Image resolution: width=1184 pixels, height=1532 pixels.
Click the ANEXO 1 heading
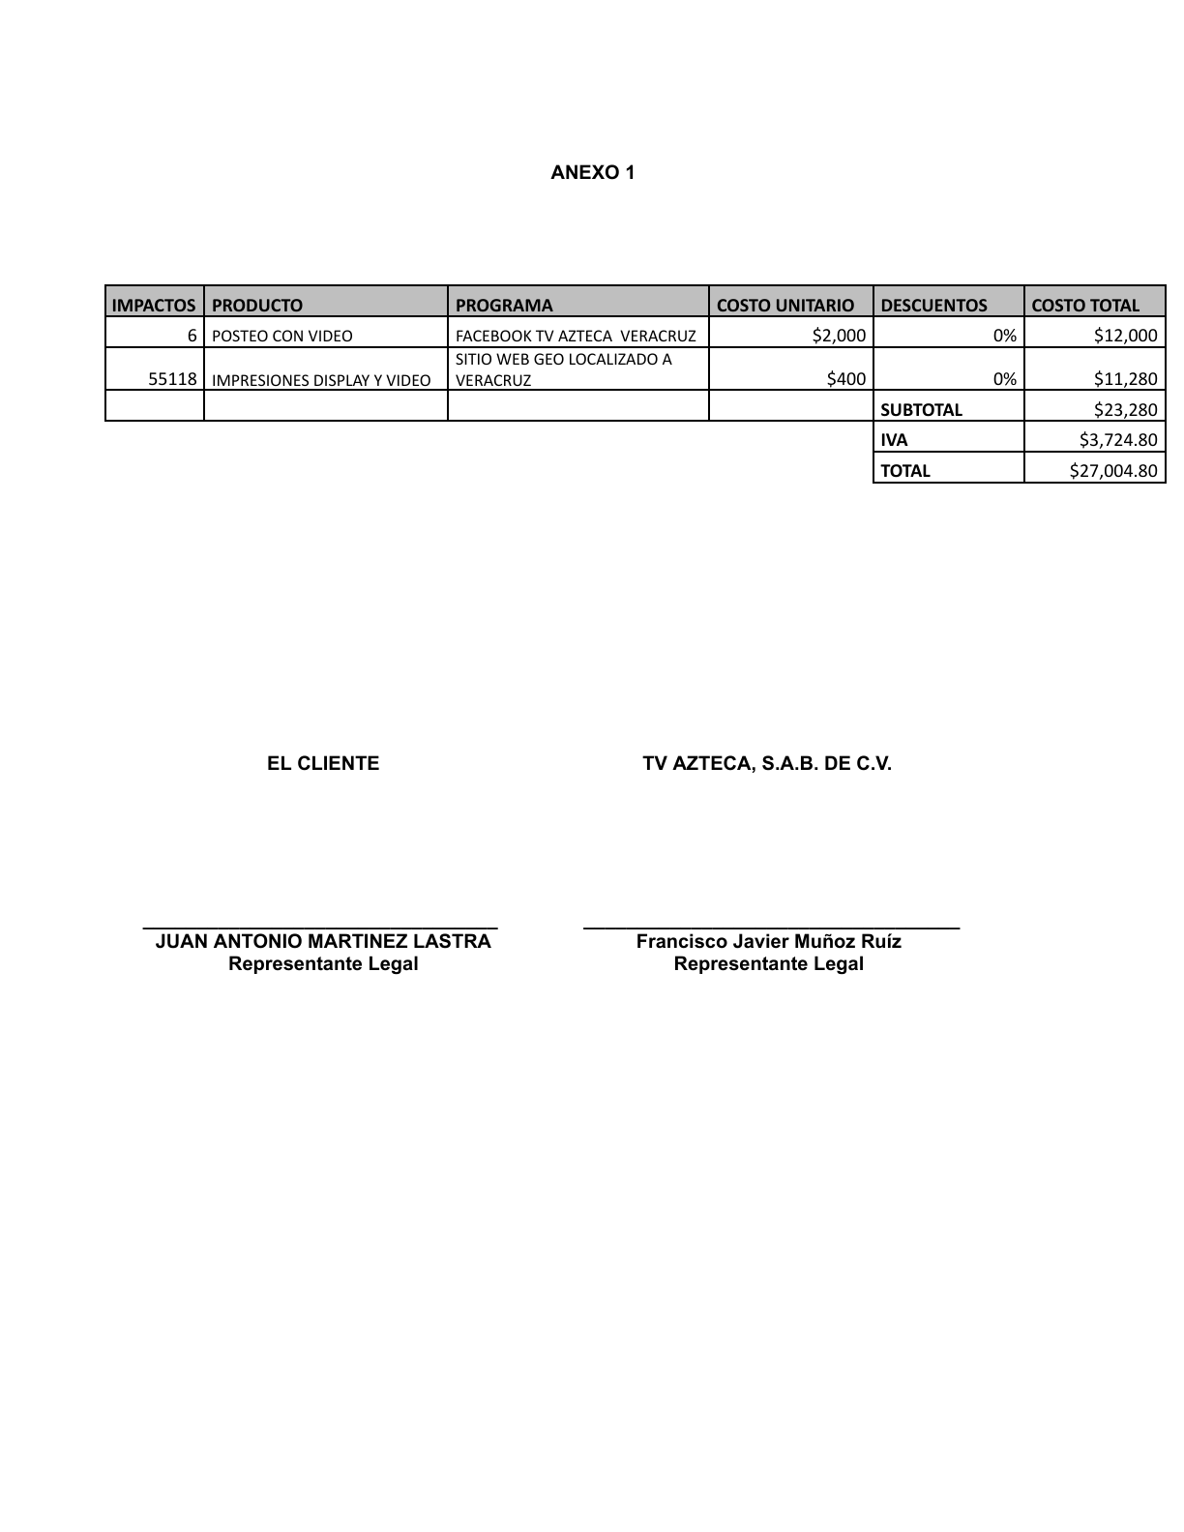pyautogui.click(x=592, y=173)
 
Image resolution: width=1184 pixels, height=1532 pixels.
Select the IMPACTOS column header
pyautogui.click(x=154, y=305)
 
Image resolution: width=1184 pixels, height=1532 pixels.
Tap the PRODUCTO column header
pyautogui.click(x=257, y=305)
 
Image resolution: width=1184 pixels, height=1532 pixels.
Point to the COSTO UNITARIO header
pyautogui.click(x=785, y=305)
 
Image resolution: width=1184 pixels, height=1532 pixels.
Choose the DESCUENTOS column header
pyautogui.click(x=933, y=305)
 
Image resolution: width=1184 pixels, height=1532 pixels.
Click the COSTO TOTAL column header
pyautogui.click(x=1085, y=305)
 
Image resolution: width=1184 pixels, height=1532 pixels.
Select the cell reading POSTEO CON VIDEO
pyautogui.click(x=282, y=336)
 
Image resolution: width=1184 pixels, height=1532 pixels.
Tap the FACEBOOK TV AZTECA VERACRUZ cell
pyautogui.click(x=576, y=336)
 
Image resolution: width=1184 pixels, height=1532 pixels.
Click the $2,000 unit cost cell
pyautogui.click(x=839, y=335)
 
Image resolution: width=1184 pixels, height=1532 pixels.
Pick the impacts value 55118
pyautogui.click(x=173, y=379)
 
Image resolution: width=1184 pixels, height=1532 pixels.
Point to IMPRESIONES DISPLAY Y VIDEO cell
pyautogui.click(x=321, y=380)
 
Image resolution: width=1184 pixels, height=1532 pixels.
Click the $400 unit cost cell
pyautogui.click(x=846, y=379)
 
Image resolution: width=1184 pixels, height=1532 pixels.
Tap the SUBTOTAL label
pyautogui.click(x=921, y=409)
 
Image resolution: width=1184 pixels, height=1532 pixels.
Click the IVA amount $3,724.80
pyautogui.click(x=1118, y=440)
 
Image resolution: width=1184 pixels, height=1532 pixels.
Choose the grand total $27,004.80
pyautogui.click(x=1113, y=471)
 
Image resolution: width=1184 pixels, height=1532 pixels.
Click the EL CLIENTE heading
pyautogui.click(x=323, y=764)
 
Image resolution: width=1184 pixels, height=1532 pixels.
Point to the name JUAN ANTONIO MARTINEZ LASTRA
pyautogui.click(x=323, y=941)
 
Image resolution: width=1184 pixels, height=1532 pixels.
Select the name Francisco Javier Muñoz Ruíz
pyautogui.click(x=768, y=941)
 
